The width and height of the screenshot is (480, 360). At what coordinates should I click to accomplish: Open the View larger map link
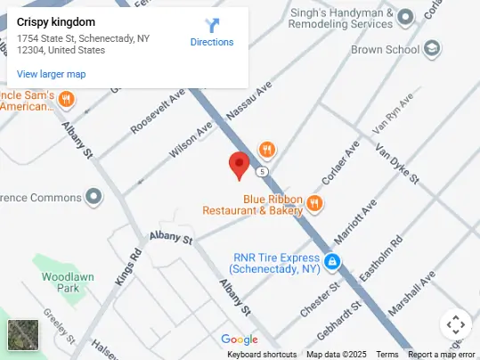point(52,74)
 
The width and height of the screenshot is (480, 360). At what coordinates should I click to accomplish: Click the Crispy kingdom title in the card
point(56,21)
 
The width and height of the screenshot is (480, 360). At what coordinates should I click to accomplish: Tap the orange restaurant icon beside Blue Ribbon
point(313,205)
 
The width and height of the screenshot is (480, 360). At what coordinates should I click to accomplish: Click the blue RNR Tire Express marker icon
point(331,262)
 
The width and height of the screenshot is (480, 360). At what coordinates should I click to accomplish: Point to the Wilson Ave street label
point(191,141)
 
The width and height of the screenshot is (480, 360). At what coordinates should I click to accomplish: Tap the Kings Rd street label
point(129,265)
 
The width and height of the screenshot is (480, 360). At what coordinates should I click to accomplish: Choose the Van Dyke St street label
point(395,165)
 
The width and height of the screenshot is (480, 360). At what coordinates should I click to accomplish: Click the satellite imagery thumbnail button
point(23,335)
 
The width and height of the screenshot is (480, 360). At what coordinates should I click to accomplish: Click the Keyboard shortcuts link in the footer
point(262,355)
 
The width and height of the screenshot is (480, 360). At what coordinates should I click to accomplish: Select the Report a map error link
point(442,355)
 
